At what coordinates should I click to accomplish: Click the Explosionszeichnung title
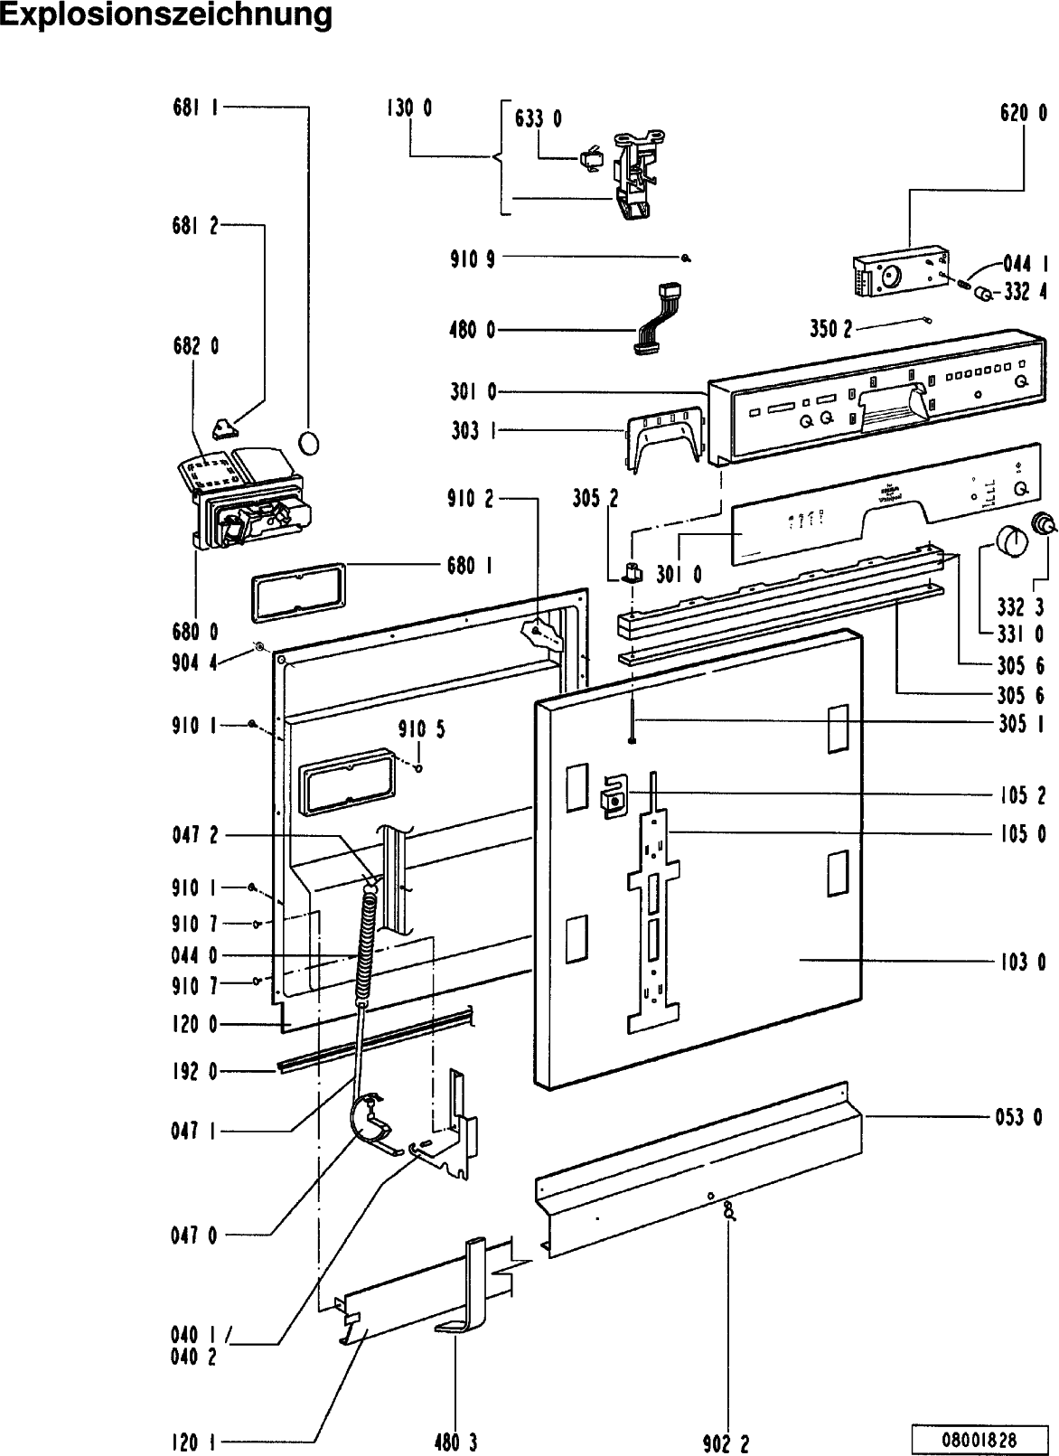[166, 16]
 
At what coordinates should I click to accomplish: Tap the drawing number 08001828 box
[983, 1438]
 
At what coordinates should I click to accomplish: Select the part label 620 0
[1024, 113]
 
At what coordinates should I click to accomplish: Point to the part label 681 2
[195, 226]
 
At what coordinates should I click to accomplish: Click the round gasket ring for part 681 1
[309, 443]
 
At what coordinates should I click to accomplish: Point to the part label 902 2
[726, 1443]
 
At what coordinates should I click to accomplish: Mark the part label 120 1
[194, 1443]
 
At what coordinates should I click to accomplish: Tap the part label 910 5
[421, 729]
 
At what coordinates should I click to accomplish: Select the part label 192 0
[195, 1072]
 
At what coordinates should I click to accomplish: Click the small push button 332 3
[1045, 522]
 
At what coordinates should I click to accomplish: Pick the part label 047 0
[194, 1235]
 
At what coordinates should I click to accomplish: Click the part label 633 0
[539, 117]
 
